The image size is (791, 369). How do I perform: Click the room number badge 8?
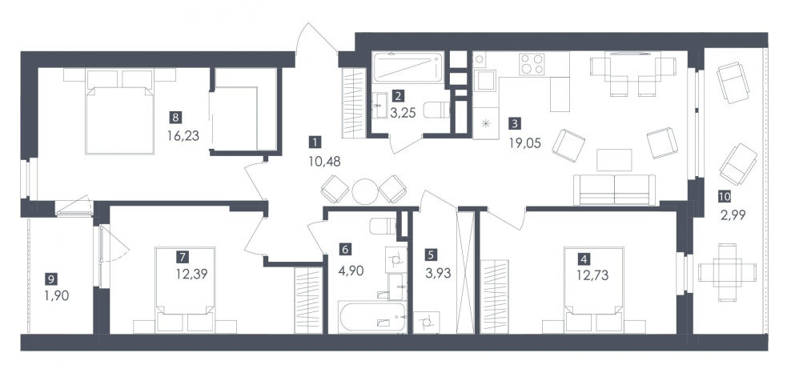coord(175,118)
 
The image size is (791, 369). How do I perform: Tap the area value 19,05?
coord(524,143)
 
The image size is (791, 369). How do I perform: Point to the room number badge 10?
coord(727,196)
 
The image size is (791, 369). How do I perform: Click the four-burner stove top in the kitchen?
coord(532,64)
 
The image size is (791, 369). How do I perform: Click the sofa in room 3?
coord(615,190)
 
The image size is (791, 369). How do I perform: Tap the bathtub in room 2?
coord(408,66)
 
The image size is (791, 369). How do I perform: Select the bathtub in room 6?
coord(372,317)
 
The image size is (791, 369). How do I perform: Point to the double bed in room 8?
coord(119,112)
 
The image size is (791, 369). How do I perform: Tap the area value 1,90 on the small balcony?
coord(56,295)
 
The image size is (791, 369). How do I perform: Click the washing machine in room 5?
coord(426,322)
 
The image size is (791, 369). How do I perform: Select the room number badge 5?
coord(430,255)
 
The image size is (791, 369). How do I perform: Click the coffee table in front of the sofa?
coord(614,160)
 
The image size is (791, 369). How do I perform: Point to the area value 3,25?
coord(403,113)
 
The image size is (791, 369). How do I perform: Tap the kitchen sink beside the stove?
coord(486,80)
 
